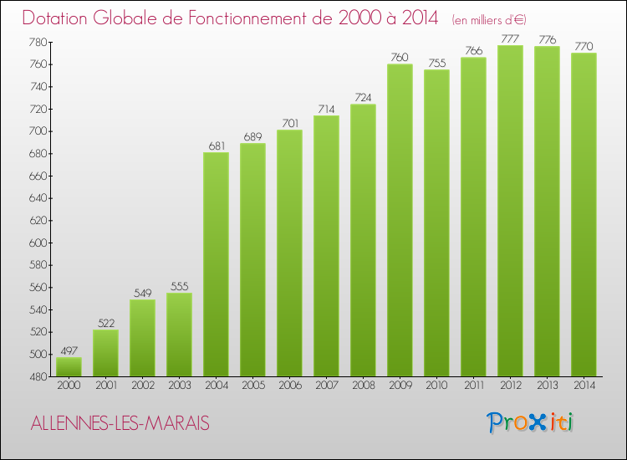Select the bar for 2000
pyautogui.click(x=69, y=367)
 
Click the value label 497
pyautogui.click(x=69, y=350)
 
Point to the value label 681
pyautogui.click(x=216, y=146)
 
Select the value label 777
pyautogui.click(x=510, y=38)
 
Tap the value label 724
pyautogui.click(x=363, y=98)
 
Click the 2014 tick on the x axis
pyautogui.click(x=584, y=386)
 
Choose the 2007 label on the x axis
pyautogui.click(x=326, y=386)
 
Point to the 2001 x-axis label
pyautogui.click(x=105, y=386)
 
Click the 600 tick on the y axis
pyautogui.click(x=38, y=243)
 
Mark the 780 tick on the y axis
pyautogui.click(x=38, y=43)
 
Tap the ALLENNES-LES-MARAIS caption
pyautogui.click(x=120, y=424)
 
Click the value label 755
pyautogui.click(x=436, y=63)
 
